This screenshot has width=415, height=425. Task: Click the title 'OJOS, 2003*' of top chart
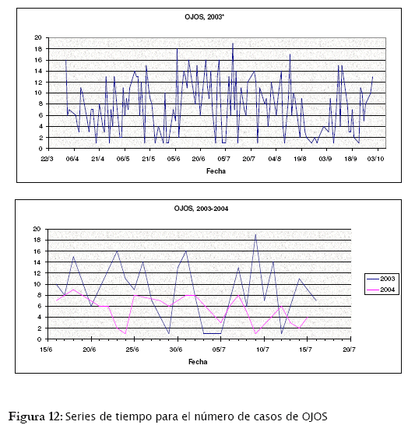coord(204,17)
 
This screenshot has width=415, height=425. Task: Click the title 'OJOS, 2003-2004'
coord(201,209)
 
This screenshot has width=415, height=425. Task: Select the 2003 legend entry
coord(382,279)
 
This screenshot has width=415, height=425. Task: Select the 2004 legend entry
coord(382,290)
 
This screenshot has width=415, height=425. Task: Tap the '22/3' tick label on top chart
coord(47,159)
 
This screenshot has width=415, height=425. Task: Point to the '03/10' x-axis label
coord(375,159)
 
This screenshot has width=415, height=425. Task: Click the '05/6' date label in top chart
coord(174,159)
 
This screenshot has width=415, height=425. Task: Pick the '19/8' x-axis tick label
coord(300,159)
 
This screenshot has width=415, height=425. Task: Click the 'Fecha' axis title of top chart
coord(216,171)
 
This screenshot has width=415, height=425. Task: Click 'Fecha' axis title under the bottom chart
coord(198,362)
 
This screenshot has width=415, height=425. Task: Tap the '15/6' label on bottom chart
coord(46,349)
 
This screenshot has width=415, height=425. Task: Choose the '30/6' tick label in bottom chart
coord(176,349)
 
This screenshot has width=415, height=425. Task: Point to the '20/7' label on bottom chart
coord(349,349)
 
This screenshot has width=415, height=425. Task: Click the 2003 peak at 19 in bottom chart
coord(255,235)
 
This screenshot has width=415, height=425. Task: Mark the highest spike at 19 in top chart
coord(233,44)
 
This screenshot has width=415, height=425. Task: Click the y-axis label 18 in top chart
coord(38,49)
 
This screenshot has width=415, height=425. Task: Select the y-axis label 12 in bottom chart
coord(37,273)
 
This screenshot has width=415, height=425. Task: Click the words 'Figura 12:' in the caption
coord(36,416)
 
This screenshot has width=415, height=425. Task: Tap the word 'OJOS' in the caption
coord(315,416)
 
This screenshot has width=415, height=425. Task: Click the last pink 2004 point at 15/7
coord(307,317)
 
